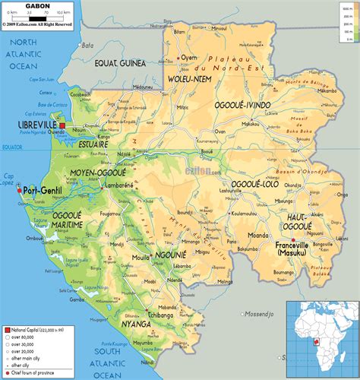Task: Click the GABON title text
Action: tap(38, 6)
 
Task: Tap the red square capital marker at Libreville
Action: tap(63, 126)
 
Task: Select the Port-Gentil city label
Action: tap(43, 190)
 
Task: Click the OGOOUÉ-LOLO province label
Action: tap(254, 184)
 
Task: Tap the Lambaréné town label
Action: tap(120, 185)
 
